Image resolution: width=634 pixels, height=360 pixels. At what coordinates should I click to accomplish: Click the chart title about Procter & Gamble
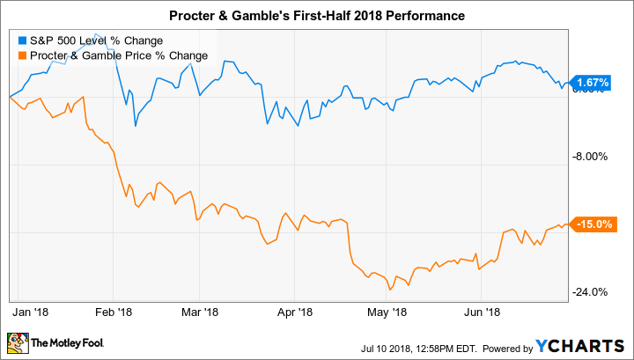[x=316, y=16]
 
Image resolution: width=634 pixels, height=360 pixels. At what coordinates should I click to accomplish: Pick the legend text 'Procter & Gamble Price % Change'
[x=118, y=55]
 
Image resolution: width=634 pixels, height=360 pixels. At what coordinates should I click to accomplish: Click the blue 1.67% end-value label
[x=591, y=83]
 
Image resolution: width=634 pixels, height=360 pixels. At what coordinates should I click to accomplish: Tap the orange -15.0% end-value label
[x=591, y=224]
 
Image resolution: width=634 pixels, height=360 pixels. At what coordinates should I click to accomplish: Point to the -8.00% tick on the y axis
[x=591, y=157]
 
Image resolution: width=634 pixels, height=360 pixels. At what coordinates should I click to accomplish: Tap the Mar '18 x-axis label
[x=199, y=311]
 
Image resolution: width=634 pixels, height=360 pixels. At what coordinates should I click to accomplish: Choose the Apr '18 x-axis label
[x=294, y=311]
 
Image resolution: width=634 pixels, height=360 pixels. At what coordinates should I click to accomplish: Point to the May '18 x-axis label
[x=386, y=311]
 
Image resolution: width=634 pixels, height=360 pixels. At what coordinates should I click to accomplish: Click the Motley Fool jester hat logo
[x=17, y=342]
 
